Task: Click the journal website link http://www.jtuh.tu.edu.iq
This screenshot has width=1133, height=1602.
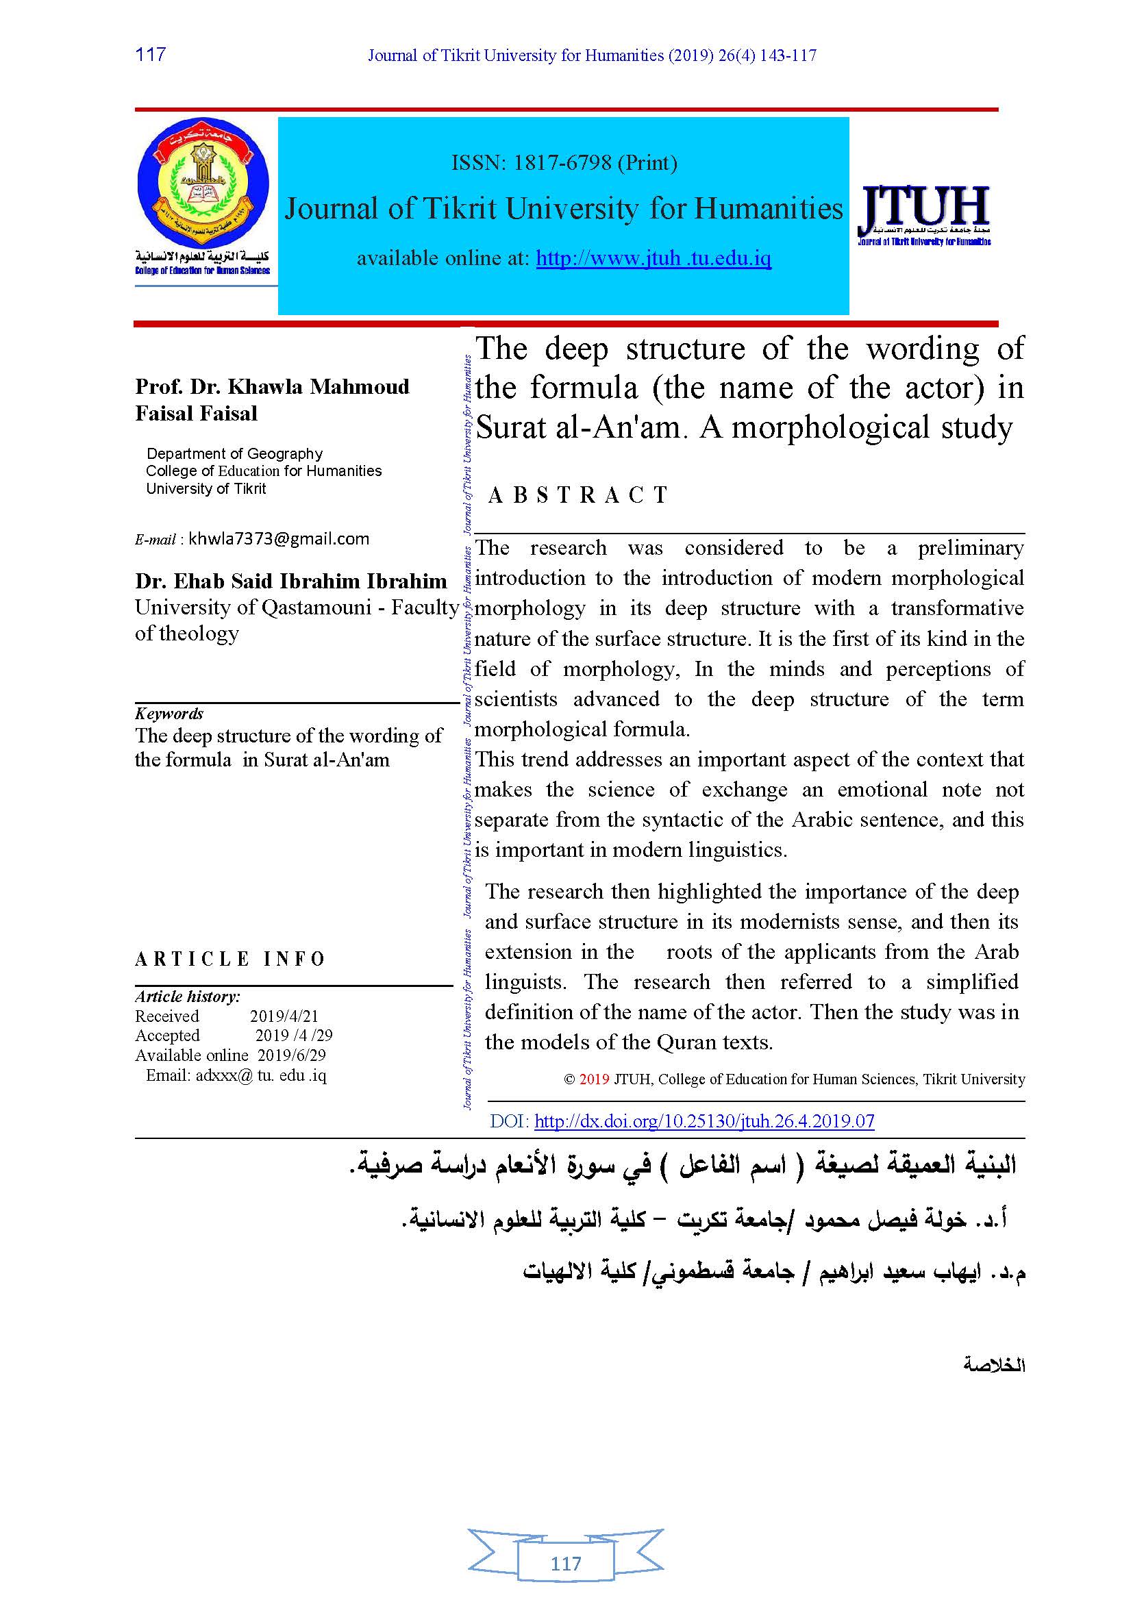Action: (653, 259)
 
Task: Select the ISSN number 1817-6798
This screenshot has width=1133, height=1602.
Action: (562, 162)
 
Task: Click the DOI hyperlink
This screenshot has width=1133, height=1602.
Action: (704, 1121)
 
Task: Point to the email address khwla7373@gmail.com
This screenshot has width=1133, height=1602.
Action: (278, 538)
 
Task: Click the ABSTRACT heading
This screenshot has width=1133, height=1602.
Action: (578, 495)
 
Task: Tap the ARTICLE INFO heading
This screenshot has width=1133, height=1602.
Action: (230, 960)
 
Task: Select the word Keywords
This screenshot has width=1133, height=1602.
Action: (169, 713)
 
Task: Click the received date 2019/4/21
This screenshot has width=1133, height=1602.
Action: (284, 1016)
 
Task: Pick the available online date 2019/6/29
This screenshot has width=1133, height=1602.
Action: (291, 1055)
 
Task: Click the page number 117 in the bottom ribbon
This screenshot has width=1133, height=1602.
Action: (566, 1564)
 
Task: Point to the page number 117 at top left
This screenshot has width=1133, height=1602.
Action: (150, 54)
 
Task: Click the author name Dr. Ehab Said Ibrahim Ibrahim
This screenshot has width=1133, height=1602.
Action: (291, 581)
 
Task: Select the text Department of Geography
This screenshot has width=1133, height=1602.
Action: (234, 453)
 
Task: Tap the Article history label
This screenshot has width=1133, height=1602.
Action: (188, 997)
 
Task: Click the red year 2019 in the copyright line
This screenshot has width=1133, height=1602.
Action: (594, 1079)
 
